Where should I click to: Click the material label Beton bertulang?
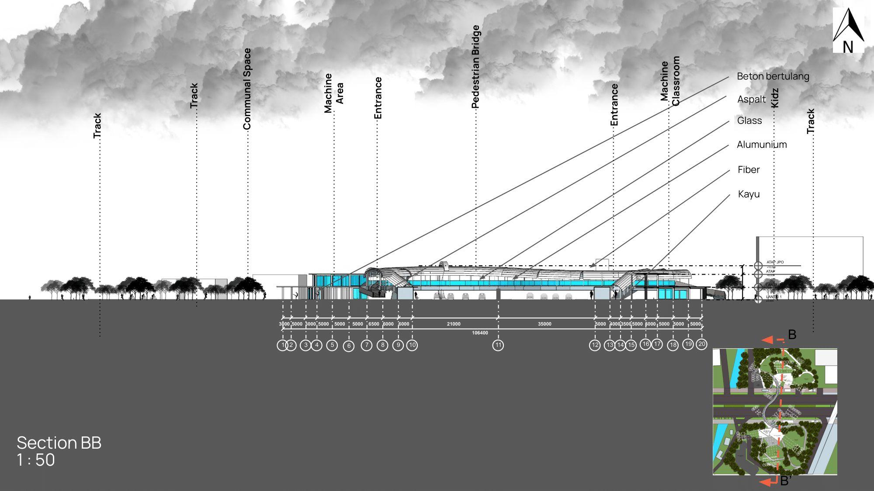tap(773, 76)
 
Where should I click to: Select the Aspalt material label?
tap(751, 100)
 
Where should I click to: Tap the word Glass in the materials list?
tap(749, 120)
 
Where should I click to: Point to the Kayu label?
tap(749, 194)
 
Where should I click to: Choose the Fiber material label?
tap(749, 170)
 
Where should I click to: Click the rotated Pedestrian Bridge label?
tap(476, 66)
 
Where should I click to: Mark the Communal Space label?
tap(247, 89)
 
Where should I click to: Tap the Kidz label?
tap(775, 98)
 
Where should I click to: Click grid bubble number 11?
tap(498, 345)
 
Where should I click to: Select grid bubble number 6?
tap(349, 346)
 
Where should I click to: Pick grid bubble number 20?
tap(701, 344)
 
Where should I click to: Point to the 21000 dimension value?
tap(454, 324)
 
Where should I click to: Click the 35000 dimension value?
tap(545, 324)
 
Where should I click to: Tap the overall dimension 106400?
tap(480, 333)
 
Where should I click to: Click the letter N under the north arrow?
tap(848, 47)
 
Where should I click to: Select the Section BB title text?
tap(59, 443)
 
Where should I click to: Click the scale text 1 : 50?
tap(36, 460)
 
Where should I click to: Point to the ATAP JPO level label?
tap(775, 262)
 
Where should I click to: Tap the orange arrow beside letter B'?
tap(767, 481)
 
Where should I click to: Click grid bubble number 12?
tap(595, 345)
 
